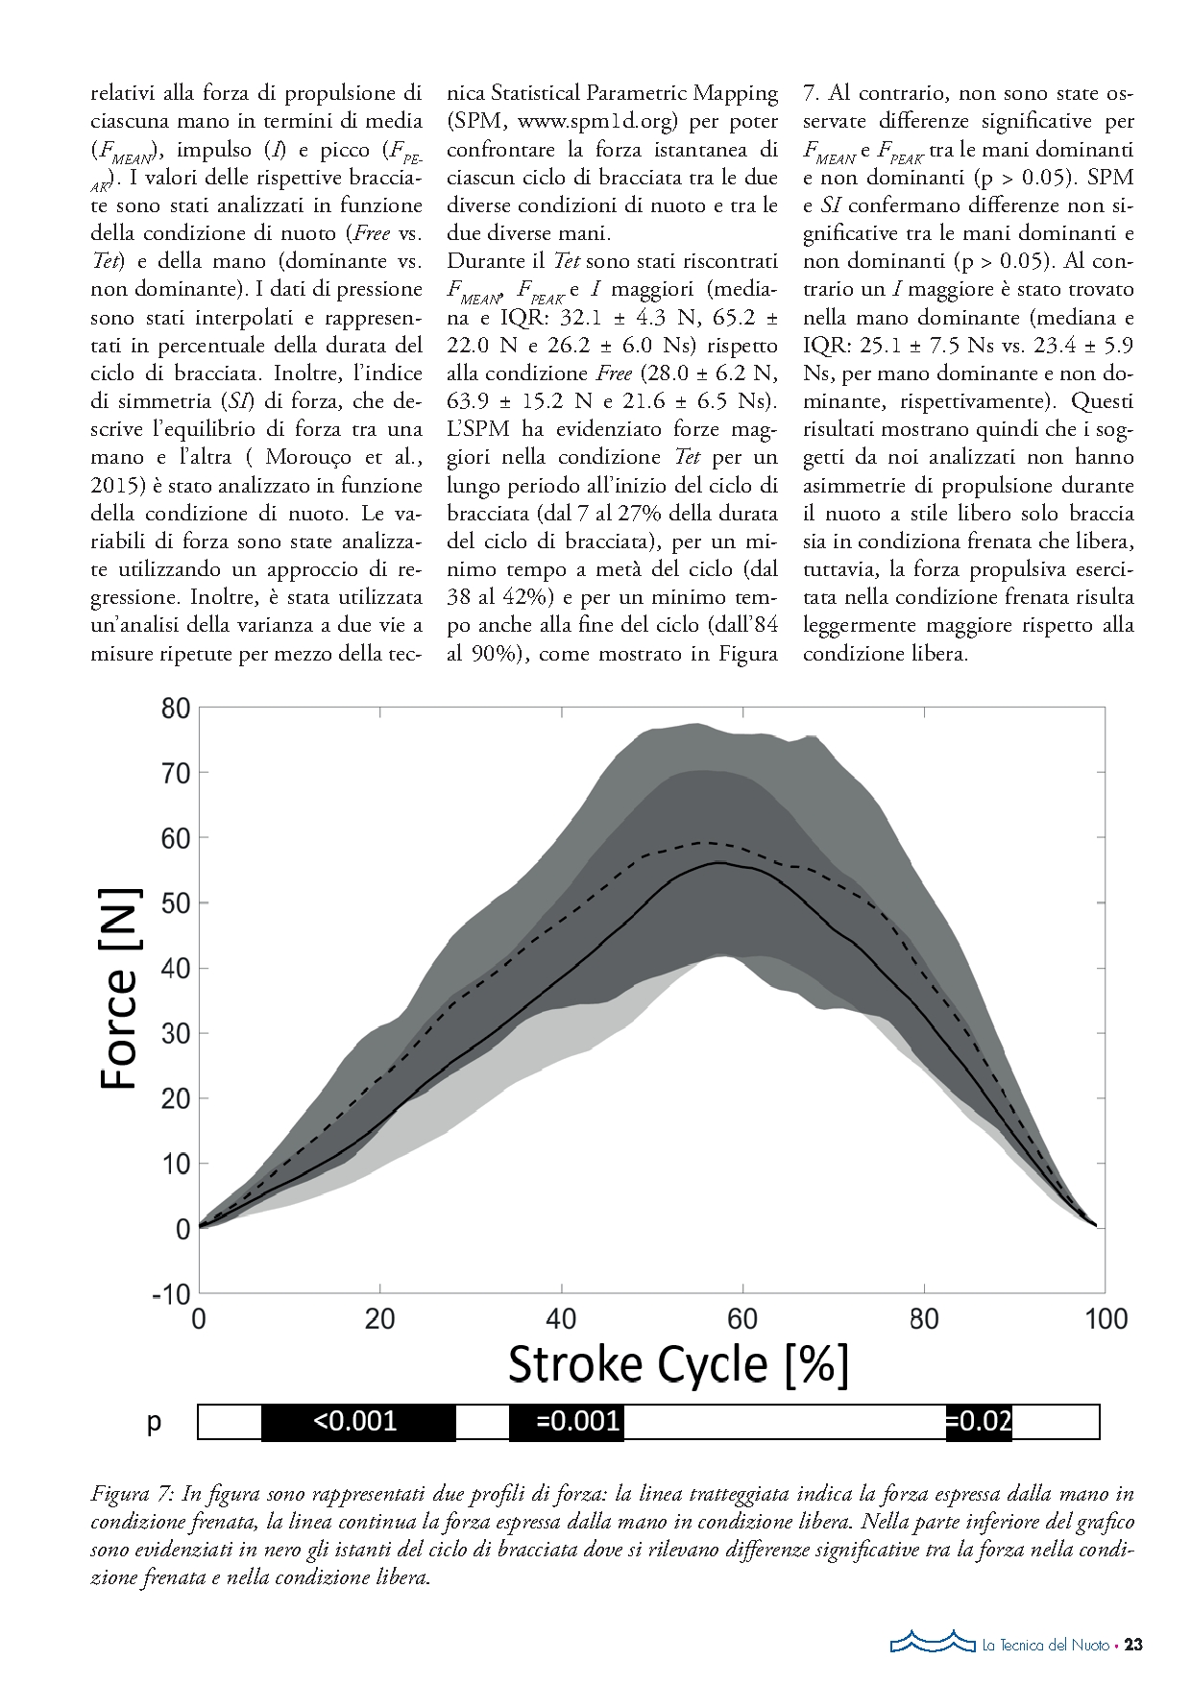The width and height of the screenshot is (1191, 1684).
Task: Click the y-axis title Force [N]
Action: (120, 989)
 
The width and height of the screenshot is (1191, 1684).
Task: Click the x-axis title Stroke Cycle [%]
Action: (678, 1363)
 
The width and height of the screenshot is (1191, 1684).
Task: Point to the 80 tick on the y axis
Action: (176, 710)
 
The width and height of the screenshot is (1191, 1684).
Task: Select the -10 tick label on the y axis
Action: (171, 1294)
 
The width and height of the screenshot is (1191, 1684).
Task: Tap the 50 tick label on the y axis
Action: (176, 904)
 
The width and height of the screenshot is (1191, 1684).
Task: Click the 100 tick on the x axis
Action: (1106, 1318)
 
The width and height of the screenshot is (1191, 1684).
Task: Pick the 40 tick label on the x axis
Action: (561, 1318)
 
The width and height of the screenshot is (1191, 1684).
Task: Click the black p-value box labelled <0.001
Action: (357, 1421)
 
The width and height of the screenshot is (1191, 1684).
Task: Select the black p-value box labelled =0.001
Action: (567, 1421)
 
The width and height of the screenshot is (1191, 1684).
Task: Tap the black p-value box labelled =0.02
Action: (978, 1421)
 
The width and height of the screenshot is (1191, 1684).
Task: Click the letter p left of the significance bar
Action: (154, 1422)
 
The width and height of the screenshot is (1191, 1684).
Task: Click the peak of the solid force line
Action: (718, 862)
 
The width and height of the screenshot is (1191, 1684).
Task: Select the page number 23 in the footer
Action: (1133, 1645)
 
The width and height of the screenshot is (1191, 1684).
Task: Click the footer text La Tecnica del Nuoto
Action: (1045, 1646)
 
